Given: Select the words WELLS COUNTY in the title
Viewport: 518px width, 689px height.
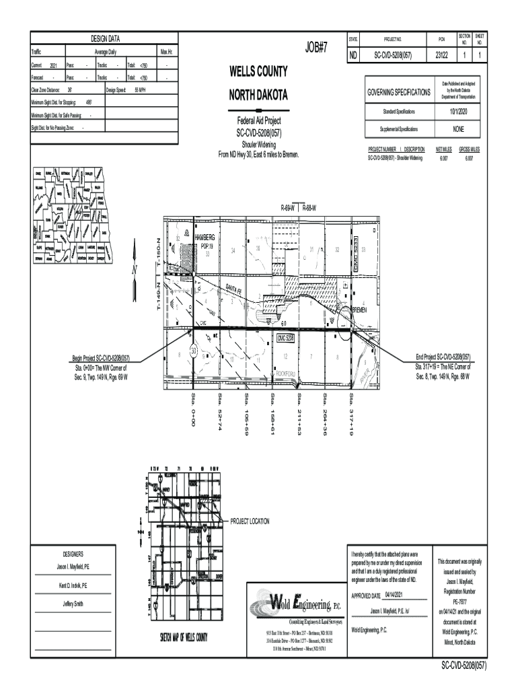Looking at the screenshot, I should tap(258, 71).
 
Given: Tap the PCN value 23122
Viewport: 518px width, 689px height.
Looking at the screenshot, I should tap(441, 55).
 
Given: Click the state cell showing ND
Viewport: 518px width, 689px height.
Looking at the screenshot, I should tap(353, 55).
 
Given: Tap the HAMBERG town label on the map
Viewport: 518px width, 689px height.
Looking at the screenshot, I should tap(205, 239).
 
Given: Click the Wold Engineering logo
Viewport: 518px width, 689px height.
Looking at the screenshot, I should tap(296, 602).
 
